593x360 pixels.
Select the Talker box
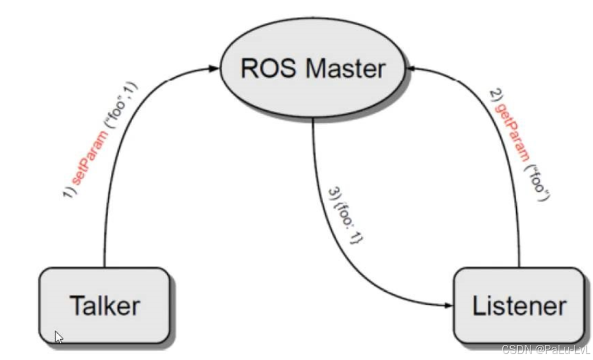coord(105,305)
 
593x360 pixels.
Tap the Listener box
coord(519,305)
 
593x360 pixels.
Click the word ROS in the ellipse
coord(268,68)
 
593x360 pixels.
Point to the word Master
coord(345,68)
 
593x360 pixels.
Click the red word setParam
coord(89,158)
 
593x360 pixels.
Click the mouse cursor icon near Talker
coord(59,337)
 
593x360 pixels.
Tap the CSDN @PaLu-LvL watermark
coord(546,349)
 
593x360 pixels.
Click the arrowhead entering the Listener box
coord(449,305)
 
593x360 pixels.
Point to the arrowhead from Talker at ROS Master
coord(214,68)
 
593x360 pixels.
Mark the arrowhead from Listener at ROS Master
coord(410,68)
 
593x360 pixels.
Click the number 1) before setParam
coord(70,192)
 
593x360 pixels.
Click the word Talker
coord(105,305)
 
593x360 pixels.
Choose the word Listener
coord(519,305)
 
